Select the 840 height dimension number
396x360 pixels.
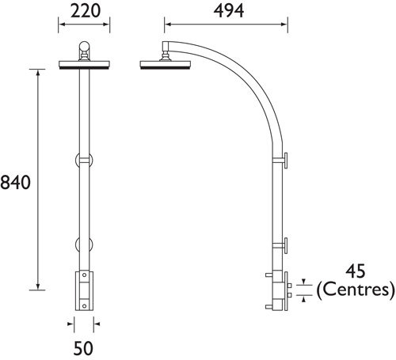pos(16,183)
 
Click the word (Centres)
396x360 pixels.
pos(355,290)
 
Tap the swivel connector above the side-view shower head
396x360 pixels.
pos(166,54)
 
